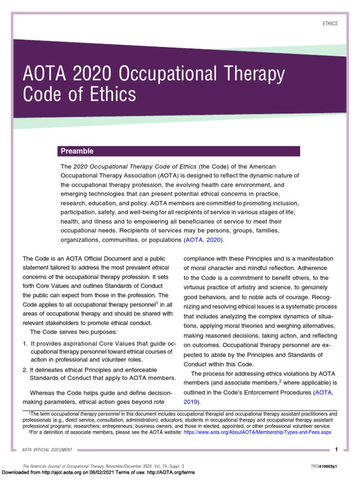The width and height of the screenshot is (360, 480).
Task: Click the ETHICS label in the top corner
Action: point(330,24)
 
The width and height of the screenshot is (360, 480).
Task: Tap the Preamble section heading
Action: point(76,151)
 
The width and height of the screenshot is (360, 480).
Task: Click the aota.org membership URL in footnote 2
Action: point(257,433)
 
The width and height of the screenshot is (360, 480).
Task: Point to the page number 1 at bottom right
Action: point(336,450)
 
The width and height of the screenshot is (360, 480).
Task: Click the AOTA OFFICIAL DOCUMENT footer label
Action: point(47,450)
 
